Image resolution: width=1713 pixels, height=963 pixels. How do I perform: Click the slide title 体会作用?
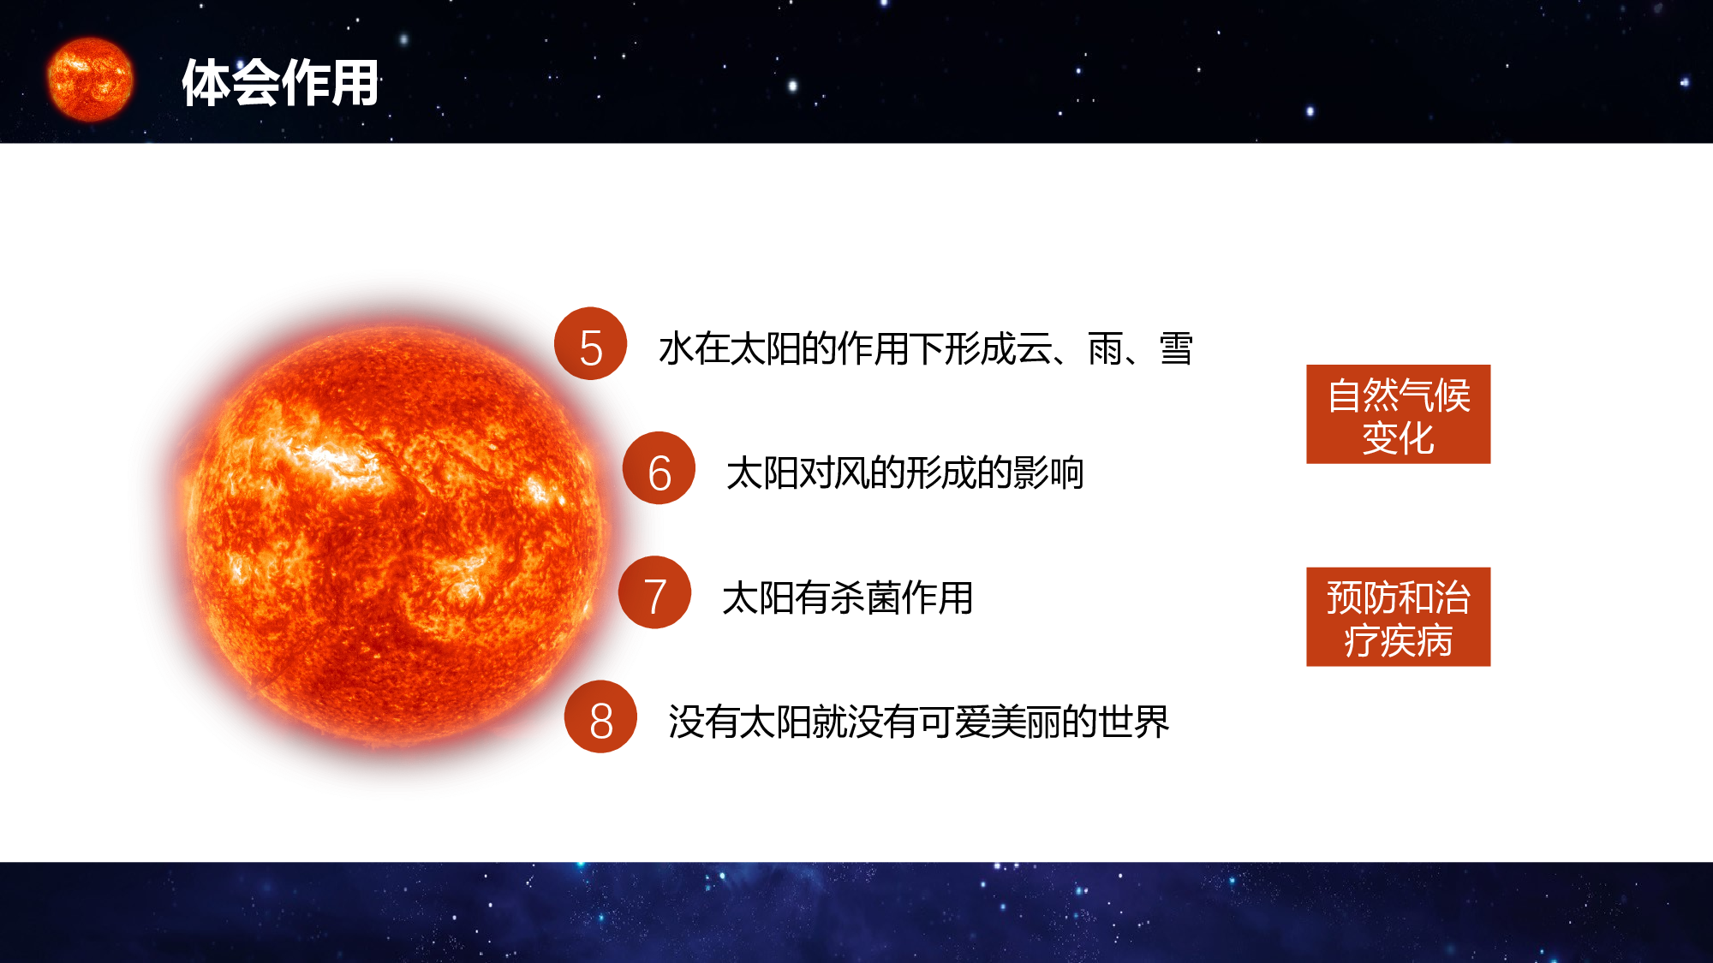(x=280, y=83)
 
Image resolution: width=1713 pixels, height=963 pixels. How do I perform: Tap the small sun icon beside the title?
(x=90, y=79)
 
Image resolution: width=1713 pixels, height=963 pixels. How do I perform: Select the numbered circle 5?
(x=590, y=344)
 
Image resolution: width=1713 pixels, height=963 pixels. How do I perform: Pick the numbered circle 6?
(x=659, y=468)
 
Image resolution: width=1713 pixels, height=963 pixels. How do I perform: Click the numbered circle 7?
(x=654, y=592)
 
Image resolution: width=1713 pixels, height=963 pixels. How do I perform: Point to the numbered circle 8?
(x=600, y=717)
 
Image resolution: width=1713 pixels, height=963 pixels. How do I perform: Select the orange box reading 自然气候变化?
(x=1398, y=414)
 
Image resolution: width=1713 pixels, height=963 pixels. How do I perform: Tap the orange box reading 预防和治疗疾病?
(x=1398, y=616)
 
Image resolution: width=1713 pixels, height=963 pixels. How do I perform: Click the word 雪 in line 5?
(x=1176, y=349)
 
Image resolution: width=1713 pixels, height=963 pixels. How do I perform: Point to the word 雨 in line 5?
(x=1105, y=349)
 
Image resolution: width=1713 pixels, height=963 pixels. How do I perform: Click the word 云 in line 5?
(x=1034, y=349)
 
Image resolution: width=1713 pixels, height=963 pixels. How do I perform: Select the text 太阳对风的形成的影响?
(x=904, y=473)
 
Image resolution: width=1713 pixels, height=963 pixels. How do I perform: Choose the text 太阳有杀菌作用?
(x=847, y=597)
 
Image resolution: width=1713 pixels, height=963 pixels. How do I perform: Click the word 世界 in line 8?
(x=1134, y=722)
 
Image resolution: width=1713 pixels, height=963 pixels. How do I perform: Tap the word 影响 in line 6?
(x=1048, y=473)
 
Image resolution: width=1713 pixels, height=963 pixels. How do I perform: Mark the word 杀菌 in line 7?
(x=865, y=597)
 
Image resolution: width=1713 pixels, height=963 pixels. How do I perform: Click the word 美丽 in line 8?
(x=1026, y=722)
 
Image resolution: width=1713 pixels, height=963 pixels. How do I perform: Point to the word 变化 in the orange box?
(x=1398, y=438)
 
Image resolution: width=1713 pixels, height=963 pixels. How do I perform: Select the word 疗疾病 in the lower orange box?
(x=1398, y=641)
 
